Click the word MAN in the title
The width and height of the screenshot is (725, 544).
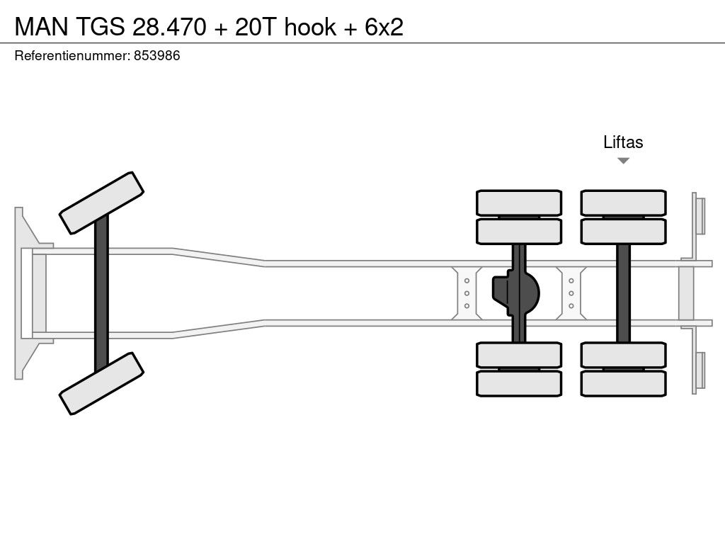(40, 26)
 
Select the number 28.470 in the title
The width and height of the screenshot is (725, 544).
(165, 26)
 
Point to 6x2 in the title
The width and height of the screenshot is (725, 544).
(384, 26)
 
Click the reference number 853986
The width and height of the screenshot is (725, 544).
(156, 56)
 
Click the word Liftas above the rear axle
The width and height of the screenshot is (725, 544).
(623, 142)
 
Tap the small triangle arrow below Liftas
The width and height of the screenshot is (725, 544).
(623, 161)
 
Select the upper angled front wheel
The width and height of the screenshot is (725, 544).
(102, 203)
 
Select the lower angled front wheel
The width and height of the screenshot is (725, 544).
(102, 383)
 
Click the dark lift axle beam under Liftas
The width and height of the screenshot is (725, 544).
(623, 293)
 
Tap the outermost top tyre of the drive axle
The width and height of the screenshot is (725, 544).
(519, 203)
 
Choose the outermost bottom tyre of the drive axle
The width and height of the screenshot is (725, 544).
(519, 384)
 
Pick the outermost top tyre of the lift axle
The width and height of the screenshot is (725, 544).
(623, 203)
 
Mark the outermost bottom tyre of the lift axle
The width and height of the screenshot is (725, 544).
(623, 384)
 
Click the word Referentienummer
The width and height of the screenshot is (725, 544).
(72, 56)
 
